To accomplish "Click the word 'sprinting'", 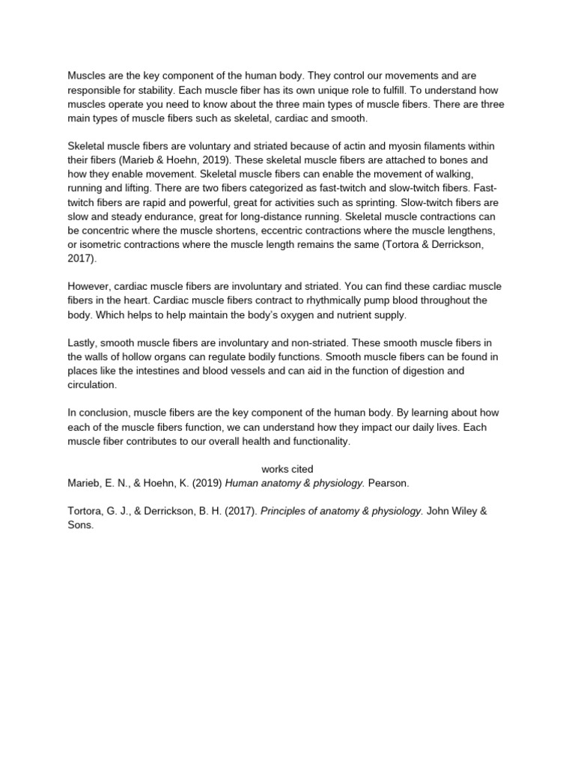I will (x=368, y=202).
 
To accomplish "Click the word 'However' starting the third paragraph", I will (x=89, y=286).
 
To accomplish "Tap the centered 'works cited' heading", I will (x=287, y=469).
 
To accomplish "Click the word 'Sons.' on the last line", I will (x=81, y=526).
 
